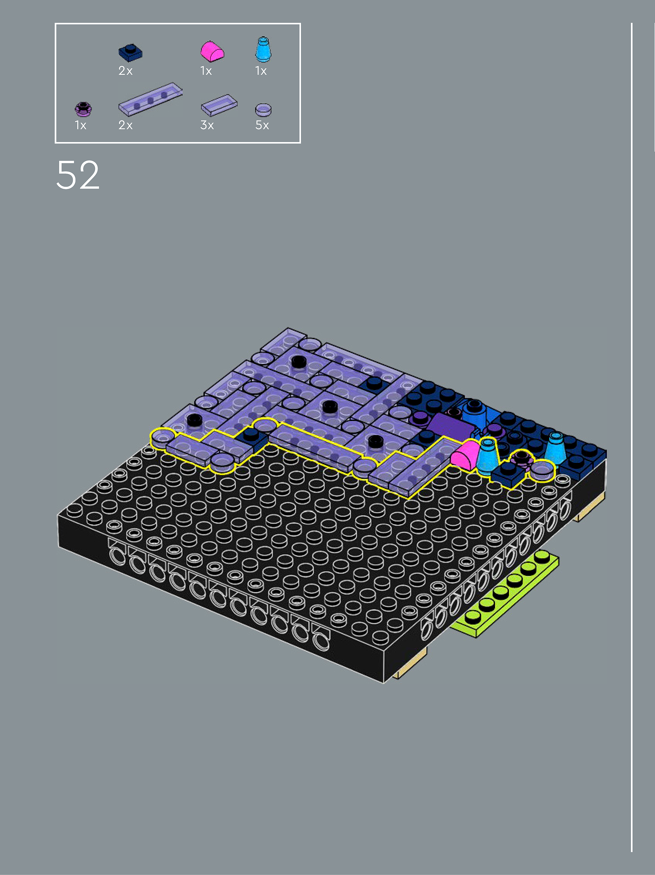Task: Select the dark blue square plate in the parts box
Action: [x=130, y=53]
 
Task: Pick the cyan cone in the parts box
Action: [x=263, y=49]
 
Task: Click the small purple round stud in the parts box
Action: [x=83, y=109]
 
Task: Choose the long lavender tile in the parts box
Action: [x=150, y=99]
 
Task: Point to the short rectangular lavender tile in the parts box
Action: [x=219, y=105]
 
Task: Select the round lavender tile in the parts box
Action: [x=263, y=110]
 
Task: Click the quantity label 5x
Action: [x=262, y=125]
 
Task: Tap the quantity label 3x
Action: [x=207, y=125]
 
